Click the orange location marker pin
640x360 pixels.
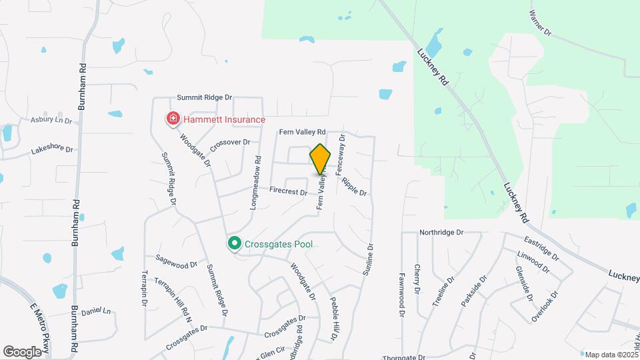(320, 159)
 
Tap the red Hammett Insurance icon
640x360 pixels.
(173, 119)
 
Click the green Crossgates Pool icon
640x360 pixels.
(234, 245)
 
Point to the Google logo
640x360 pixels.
(22, 351)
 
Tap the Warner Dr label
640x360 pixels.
(541, 23)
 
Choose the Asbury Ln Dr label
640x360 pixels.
(51, 121)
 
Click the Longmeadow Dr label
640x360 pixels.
(255, 184)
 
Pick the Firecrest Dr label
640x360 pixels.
(288, 191)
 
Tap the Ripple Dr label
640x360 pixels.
(354, 186)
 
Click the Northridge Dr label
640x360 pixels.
(441, 233)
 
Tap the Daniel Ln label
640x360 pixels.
(95, 311)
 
